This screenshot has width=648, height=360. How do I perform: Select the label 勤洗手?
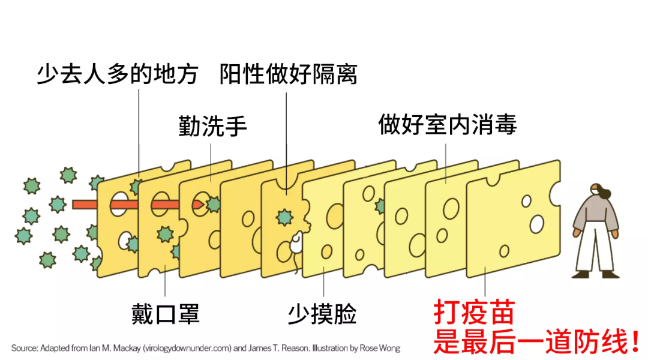pos(212,127)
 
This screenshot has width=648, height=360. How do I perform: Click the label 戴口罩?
pos(165,313)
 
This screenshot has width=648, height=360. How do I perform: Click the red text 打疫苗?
pos(474,313)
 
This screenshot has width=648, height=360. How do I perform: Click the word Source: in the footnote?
pos(24,348)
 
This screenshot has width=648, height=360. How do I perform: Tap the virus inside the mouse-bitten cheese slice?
pos(284,217)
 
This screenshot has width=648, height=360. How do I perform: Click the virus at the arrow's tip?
pos(212,205)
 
